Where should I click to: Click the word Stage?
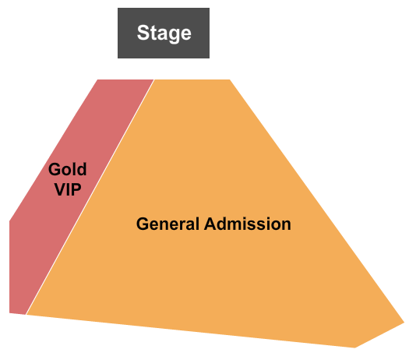[x=164, y=34]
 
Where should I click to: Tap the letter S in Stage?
[x=143, y=33]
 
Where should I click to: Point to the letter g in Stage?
[x=173, y=35]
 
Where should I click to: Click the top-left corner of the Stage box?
[x=118, y=8]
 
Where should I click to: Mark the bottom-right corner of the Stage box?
[x=210, y=58]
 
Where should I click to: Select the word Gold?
[x=67, y=169]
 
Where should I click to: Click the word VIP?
[x=68, y=189]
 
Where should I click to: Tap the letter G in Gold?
[x=55, y=169]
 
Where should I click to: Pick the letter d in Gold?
[x=81, y=169]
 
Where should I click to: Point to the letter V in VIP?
[x=60, y=189]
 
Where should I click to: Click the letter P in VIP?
[x=76, y=189]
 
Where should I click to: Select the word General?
[x=167, y=224]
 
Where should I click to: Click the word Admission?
[x=248, y=224]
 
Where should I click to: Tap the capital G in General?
[x=143, y=224]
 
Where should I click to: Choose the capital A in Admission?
[x=211, y=224]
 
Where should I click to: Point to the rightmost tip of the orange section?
[x=404, y=323]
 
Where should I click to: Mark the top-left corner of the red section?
[x=98, y=79]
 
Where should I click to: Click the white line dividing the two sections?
[x=90, y=197]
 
